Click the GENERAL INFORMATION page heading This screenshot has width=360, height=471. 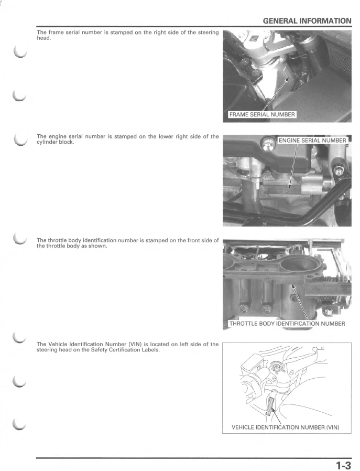(x=307, y=21)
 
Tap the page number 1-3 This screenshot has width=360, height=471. (x=343, y=465)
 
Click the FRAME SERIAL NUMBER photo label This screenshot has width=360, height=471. (x=262, y=115)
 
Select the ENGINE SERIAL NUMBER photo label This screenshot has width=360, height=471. (x=312, y=141)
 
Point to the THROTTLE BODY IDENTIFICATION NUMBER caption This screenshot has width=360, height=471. (x=287, y=324)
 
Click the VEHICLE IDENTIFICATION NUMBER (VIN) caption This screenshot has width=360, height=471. (x=285, y=427)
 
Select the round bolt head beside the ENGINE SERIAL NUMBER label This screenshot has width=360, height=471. (x=269, y=141)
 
